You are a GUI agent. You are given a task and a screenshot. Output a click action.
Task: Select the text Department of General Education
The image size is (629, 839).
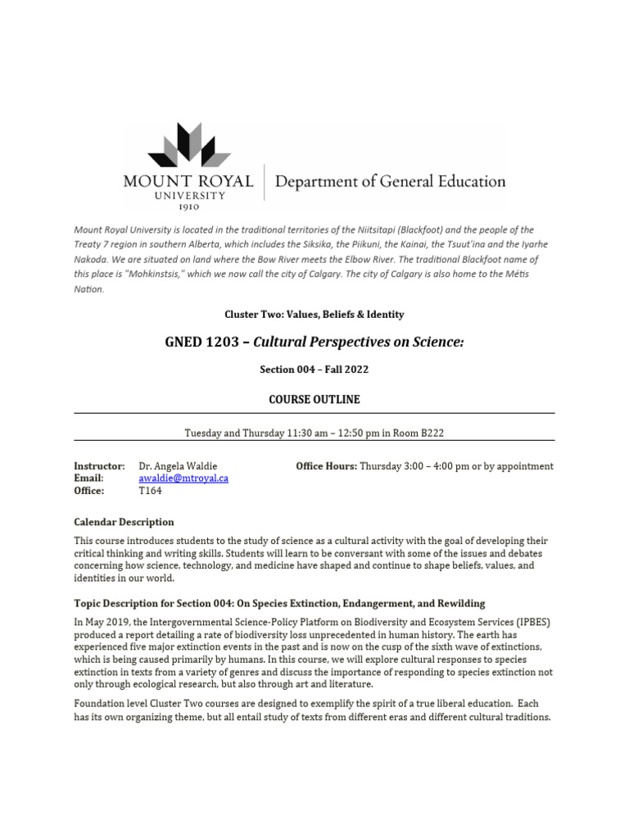390,181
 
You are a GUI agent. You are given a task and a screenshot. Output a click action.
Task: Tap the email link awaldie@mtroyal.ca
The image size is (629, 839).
183,478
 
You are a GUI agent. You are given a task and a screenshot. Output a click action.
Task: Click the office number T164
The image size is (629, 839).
151,491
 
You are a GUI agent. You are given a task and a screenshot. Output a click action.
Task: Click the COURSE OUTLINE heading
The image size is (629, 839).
314,399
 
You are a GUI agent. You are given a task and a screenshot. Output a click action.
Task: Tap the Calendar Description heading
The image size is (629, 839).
124,522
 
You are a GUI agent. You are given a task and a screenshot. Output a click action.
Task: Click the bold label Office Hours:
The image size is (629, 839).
326,466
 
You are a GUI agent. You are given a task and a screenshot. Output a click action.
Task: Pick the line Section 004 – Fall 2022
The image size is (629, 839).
314,370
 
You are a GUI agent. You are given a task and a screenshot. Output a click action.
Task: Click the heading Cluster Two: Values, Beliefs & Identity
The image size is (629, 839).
314,314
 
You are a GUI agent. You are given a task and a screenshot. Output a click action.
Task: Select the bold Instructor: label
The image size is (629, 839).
99,466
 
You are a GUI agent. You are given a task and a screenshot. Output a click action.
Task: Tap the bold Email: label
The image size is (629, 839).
88,478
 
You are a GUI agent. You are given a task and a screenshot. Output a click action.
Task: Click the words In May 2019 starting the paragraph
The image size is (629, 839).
102,621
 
